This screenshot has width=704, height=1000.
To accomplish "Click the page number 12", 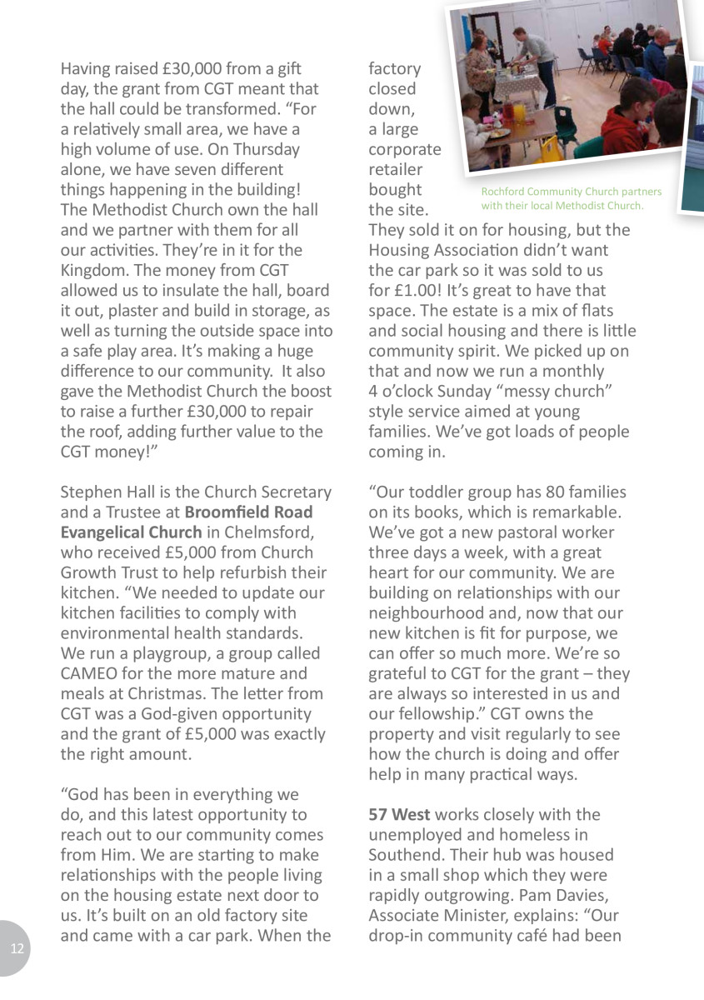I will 17,950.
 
